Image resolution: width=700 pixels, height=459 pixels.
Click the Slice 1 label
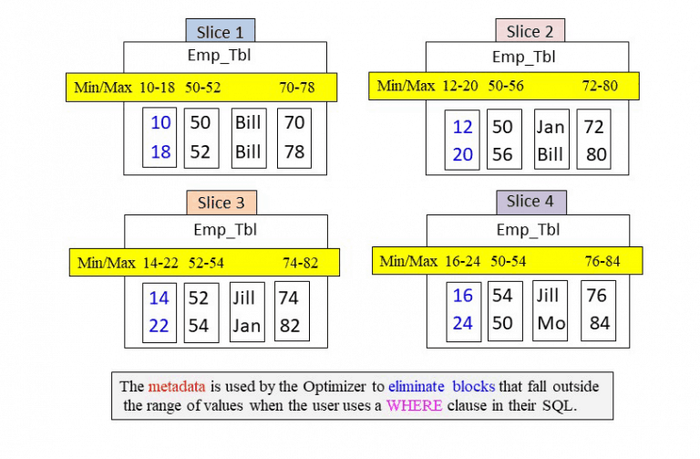[x=220, y=31]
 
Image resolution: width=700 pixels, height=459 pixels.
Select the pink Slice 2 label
[x=530, y=31]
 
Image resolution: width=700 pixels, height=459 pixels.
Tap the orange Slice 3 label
[x=221, y=202]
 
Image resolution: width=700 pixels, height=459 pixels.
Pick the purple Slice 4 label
[x=530, y=201]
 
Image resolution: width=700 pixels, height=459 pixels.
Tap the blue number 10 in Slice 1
[x=160, y=123]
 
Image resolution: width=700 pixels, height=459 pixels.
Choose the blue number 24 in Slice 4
[x=463, y=323]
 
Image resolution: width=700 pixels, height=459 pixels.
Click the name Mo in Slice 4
[x=550, y=323]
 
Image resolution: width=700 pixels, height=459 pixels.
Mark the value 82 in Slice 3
[x=290, y=326]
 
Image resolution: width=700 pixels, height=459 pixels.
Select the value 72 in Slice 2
[x=594, y=127]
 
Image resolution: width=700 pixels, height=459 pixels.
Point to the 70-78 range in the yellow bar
[x=297, y=88]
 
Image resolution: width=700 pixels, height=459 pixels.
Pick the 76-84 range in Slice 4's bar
[x=602, y=261]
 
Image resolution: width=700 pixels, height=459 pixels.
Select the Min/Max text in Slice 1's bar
[x=104, y=88]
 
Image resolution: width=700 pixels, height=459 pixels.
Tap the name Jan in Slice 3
[x=246, y=326]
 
